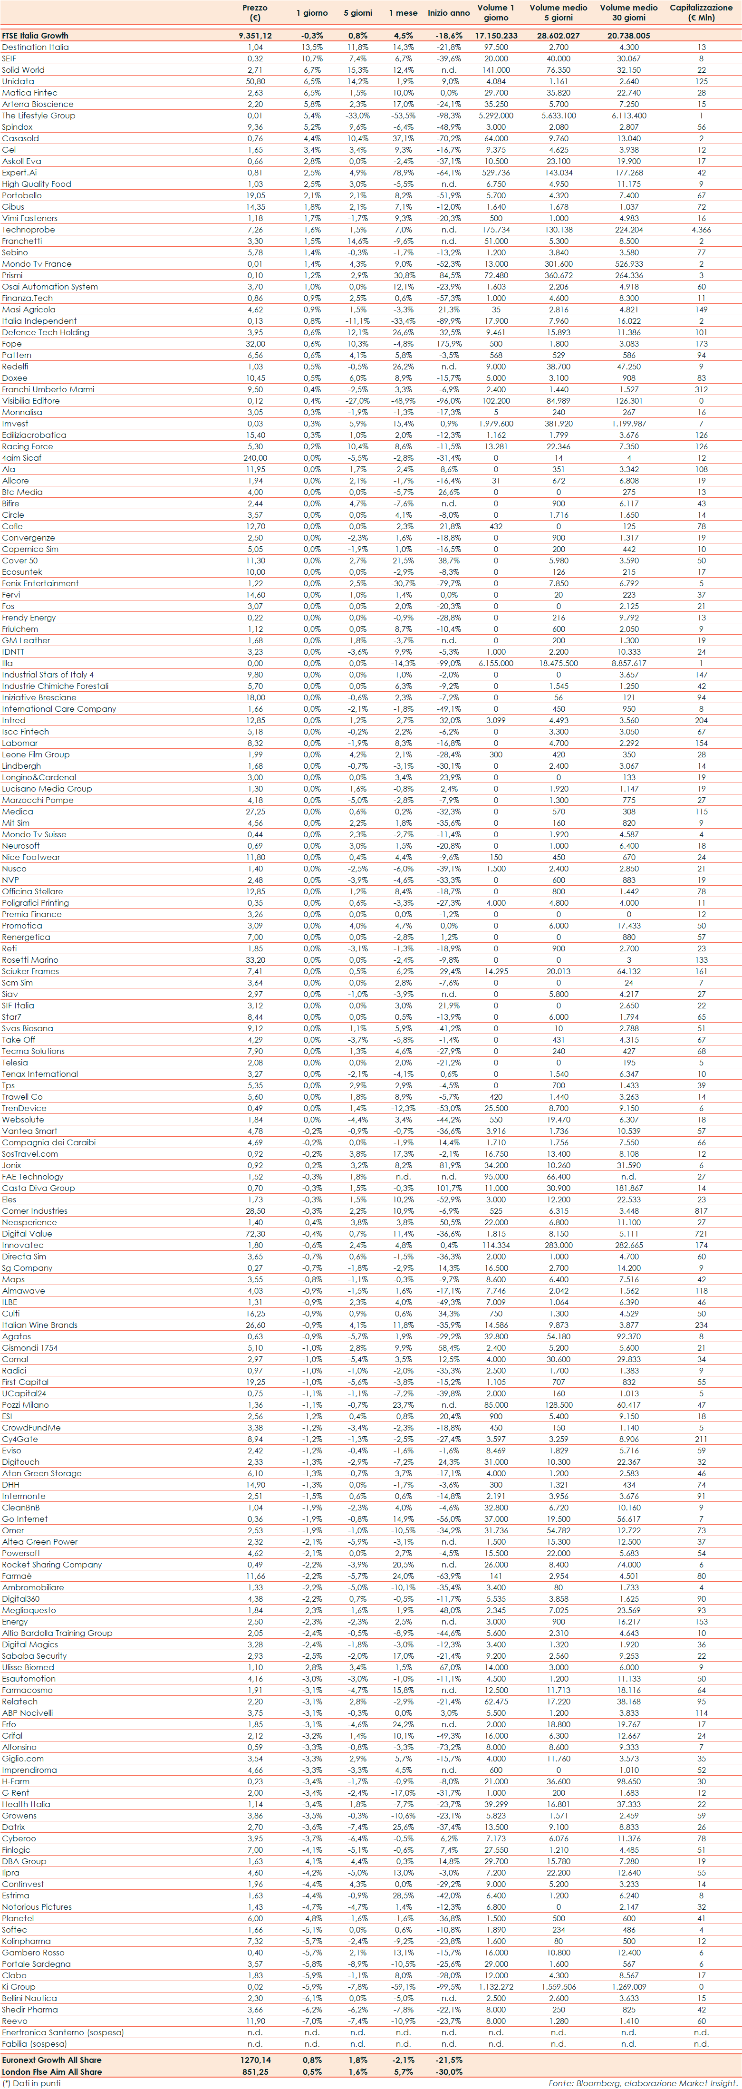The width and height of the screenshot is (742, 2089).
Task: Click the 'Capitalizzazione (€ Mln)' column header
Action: [x=701, y=12]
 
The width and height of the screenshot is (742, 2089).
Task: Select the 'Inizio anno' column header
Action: [x=448, y=13]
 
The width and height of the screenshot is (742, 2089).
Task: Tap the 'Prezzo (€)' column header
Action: [x=255, y=12]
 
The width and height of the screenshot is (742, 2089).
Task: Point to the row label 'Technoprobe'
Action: [x=29, y=230]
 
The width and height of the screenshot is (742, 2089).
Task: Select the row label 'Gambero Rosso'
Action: [x=32, y=1953]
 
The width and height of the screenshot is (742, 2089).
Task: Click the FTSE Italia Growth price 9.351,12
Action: [x=255, y=36]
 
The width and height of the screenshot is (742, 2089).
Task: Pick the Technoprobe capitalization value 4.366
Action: [x=701, y=230]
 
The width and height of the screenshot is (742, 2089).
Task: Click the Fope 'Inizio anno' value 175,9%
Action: [x=448, y=344]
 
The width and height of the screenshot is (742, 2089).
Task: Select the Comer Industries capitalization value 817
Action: [x=701, y=1211]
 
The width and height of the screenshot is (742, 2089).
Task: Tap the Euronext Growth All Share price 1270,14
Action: [x=255, y=2060]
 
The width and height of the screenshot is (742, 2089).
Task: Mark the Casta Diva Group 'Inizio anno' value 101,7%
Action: [x=448, y=1188]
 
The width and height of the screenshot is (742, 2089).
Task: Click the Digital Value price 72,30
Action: [x=255, y=1233]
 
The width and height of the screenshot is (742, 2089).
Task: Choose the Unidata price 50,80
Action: [x=255, y=81]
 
